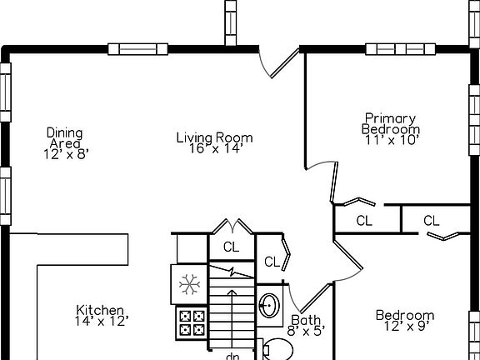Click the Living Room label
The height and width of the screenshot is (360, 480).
pos(215,137)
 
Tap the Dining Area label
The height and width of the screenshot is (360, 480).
pos(65,138)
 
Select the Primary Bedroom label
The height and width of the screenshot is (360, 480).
pos(391,123)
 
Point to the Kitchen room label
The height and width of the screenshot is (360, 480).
pos(100,310)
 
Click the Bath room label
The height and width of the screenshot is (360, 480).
pos(306,320)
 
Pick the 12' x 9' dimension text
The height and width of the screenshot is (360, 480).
pos(405,327)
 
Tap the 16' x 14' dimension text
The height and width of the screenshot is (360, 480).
pos(216,149)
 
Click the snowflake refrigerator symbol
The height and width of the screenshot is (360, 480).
pos(189,284)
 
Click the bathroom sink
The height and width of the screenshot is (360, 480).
pos(269,305)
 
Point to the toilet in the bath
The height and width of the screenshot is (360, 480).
pos(277,350)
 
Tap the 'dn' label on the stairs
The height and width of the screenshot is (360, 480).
pos(232,357)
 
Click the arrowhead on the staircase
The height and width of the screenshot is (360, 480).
pos(232,292)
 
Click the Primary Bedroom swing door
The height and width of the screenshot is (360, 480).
pos(334,182)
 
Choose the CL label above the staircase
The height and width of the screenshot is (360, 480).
pos(231,247)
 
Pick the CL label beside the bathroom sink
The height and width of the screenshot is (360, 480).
pos(272,262)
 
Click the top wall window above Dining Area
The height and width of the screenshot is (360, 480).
pos(137,49)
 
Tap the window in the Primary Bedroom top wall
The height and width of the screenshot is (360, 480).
pos(400,49)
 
